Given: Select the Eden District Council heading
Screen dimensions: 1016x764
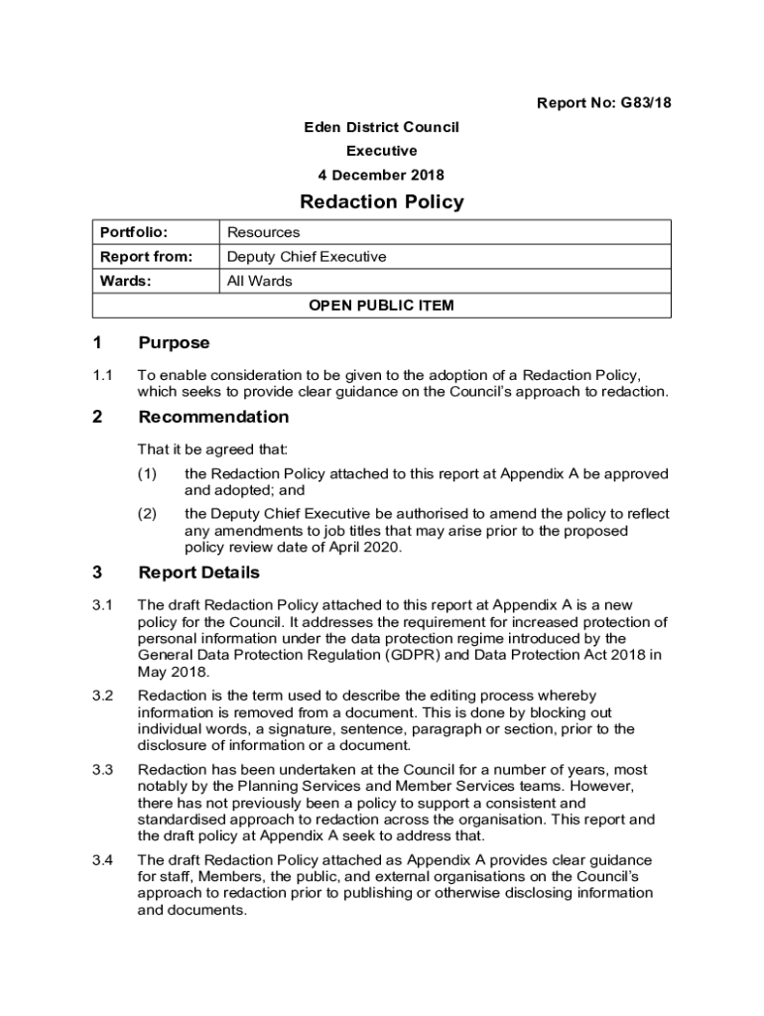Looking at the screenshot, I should coord(381,127).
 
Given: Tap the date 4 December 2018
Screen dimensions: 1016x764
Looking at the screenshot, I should coord(381,176).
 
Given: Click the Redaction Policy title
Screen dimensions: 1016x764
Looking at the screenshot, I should coord(381,202).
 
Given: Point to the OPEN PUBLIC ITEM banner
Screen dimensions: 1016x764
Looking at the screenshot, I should coord(381,306).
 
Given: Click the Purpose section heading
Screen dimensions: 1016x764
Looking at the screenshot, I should coord(174,343).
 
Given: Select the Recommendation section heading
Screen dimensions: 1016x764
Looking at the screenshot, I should coord(213,417).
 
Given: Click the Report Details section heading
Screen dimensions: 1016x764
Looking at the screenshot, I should coord(198,572).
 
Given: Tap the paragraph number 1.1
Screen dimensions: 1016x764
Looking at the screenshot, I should coord(103,375).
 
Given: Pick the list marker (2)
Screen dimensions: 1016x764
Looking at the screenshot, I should coord(147,514).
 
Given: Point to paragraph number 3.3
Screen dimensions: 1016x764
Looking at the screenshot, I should coord(103,770).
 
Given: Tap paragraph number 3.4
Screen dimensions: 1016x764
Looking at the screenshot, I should coord(103,859).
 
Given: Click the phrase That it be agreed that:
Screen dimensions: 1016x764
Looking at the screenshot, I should coord(212,449).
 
